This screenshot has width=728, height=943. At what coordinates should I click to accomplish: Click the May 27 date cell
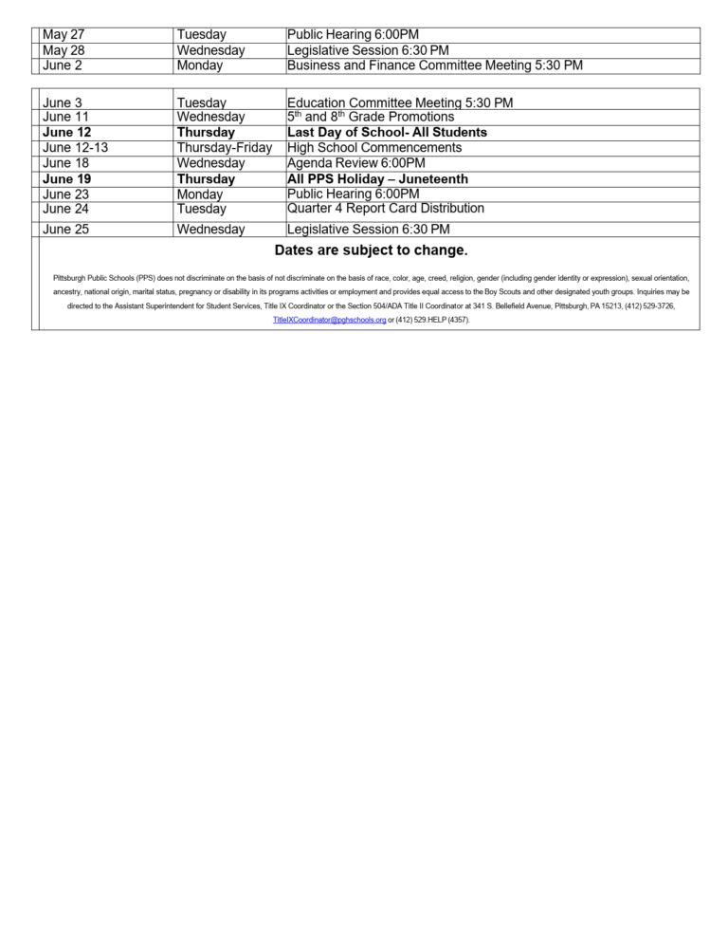(x=64, y=35)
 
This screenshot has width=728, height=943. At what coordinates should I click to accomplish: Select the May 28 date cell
(x=64, y=50)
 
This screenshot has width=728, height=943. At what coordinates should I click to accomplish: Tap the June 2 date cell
(x=62, y=65)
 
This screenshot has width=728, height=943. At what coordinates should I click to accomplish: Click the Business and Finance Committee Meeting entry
(x=434, y=65)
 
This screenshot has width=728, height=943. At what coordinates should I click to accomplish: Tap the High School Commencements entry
(x=374, y=148)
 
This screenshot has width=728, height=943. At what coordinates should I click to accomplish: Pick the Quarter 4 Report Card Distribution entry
(x=385, y=208)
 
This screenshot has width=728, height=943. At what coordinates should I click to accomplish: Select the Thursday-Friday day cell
(x=225, y=148)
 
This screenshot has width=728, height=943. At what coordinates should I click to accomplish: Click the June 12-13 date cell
(x=76, y=148)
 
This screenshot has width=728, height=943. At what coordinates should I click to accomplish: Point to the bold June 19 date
(x=67, y=179)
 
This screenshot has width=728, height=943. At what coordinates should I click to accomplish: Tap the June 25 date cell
(x=65, y=229)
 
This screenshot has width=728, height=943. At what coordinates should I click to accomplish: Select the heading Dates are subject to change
(x=371, y=250)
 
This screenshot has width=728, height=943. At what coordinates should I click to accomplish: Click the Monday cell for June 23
(x=200, y=194)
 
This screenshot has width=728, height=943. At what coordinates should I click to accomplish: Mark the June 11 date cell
(x=65, y=117)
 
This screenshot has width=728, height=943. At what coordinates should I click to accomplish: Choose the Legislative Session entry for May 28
(x=368, y=50)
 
